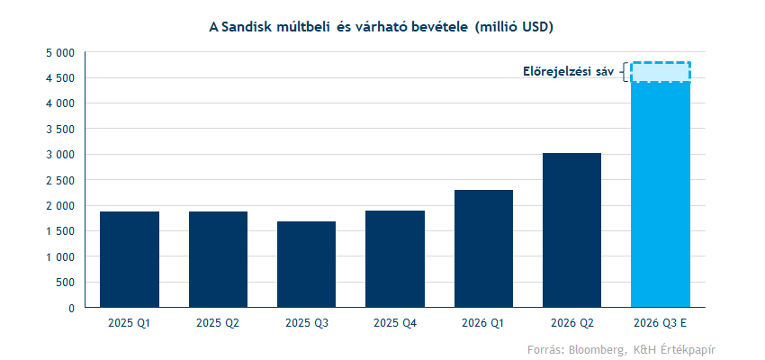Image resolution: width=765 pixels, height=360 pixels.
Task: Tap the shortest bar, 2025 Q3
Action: point(307,265)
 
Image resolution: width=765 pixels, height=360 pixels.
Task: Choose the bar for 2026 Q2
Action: point(572,230)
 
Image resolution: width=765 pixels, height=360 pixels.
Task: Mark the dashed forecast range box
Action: point(661,72)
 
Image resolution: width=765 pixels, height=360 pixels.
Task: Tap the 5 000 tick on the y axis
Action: point(61,53)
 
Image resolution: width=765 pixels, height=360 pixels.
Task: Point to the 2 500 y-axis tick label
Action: point(61,180)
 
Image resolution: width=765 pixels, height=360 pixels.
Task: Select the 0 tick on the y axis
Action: point(71,308)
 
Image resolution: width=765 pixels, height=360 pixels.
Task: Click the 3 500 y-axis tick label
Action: point(61,130)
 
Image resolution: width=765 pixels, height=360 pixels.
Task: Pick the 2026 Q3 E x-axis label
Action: point(661,322)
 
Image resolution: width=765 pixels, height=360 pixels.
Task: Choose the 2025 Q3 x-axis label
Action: point(307,322)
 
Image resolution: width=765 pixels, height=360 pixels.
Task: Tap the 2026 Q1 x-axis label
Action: point(483,322)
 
